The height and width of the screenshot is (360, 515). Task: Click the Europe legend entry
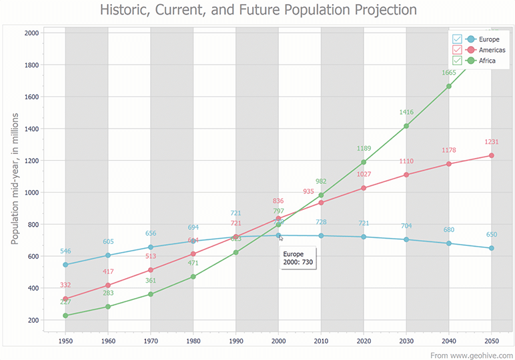pos(484,39)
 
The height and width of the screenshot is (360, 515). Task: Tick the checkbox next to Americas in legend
pos(456,50)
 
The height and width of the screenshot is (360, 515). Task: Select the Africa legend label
pos(487,61)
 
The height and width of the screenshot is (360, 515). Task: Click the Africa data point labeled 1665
pos(449,86)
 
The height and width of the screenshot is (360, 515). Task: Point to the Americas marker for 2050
pos(492,155)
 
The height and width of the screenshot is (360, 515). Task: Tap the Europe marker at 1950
pos(65,265)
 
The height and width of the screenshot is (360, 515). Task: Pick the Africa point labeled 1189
pos(364,162)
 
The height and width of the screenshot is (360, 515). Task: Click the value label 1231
pos(492,142)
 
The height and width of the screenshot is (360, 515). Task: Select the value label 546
pos(65,251)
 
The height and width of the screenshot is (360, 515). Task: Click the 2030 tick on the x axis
pos(406,341)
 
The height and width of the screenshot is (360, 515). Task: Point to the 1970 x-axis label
pos(151,341)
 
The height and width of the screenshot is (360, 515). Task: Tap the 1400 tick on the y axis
pos(31,129)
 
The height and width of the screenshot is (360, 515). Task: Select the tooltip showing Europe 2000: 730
pos(297,258)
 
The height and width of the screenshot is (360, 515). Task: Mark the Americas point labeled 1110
pos(406,175)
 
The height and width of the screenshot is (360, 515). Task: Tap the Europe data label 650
pos(492,235)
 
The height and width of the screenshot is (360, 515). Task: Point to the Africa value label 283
pos(108,293)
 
